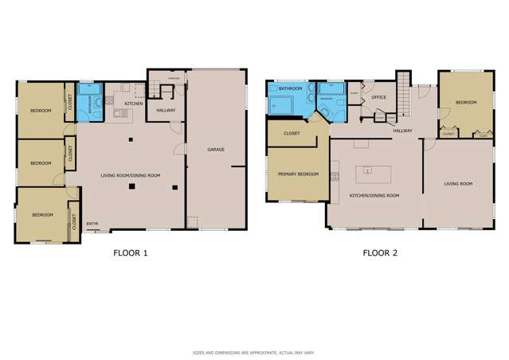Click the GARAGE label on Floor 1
[x=215, y=149]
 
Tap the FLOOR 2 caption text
[x=380, y=254]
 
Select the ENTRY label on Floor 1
[x=92, y=223]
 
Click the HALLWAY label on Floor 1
[x=166, y=110]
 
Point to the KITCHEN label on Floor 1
[x=133, y=104]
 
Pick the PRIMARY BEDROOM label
[x=297, y=174]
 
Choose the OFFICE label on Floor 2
[x=378, y=97]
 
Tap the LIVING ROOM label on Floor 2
[x=458, y=184]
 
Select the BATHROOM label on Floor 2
[x=290, y=89]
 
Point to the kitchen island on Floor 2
[x=367, y=170]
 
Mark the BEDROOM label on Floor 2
[x=465, y=102]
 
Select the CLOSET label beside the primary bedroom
[x=292, y=133]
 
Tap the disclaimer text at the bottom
[x=254, y=352]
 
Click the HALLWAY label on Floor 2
[x=401, y=130]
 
